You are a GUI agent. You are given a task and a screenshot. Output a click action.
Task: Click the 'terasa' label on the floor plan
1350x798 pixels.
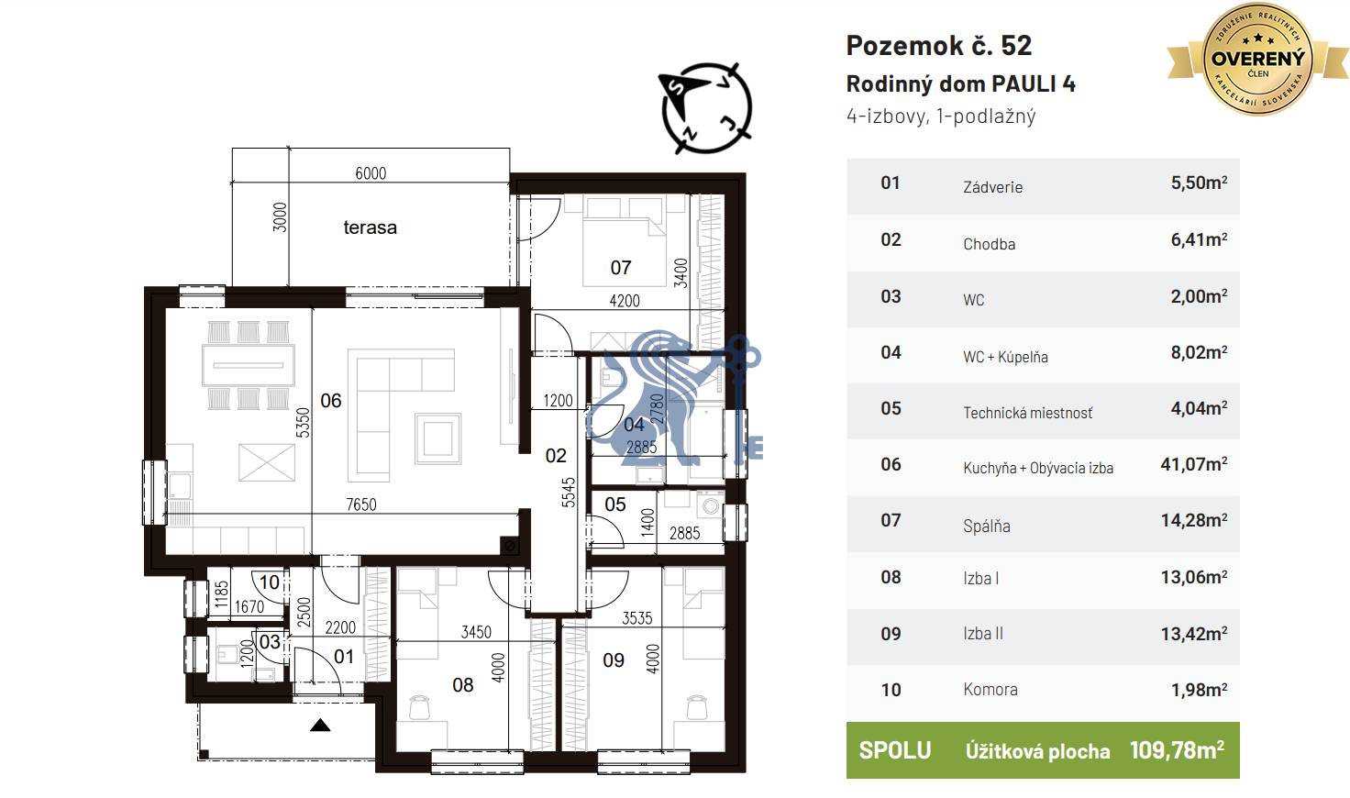(x=370, y=227)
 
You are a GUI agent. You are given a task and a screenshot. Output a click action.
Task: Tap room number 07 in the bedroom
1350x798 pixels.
(x=621, y=268)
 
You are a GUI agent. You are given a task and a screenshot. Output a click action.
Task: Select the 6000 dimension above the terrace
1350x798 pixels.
(x=371, y=173)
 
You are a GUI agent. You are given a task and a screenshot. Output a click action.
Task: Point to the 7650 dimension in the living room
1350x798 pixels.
(x=361, y=504)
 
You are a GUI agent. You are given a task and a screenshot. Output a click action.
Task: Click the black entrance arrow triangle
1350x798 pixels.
(x=320, y=725)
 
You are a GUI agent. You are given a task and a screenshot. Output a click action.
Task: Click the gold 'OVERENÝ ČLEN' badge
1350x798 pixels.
(x=1257, y=59)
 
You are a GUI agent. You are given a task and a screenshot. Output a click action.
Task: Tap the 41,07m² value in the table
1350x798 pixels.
(x=1194, y=464)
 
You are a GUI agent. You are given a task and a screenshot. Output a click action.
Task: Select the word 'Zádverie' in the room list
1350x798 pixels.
(x=992, y=187)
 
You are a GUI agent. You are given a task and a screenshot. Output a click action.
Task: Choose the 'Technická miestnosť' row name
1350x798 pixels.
(x=1027, y=413)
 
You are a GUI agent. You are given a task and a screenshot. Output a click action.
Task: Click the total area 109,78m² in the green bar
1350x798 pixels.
(x=1177, y=749)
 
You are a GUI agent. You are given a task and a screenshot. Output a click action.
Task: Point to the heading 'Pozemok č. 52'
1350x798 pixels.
(x=939, y=45)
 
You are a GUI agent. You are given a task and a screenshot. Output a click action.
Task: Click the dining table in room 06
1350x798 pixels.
(x=249, y=365)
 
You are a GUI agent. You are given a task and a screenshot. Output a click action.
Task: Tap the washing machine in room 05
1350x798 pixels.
(x=711, y=504)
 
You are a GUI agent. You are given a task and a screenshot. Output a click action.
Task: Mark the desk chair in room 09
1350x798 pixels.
(x=697, y=707)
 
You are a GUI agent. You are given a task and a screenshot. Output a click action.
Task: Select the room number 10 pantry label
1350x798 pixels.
(x=269, y=582)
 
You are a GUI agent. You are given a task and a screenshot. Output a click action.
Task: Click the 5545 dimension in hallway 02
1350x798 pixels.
(x=569, y=493)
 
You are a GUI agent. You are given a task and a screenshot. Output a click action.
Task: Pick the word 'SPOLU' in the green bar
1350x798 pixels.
(x=895, y=750)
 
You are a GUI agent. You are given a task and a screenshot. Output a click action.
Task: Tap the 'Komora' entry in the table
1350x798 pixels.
(x=990, y=690)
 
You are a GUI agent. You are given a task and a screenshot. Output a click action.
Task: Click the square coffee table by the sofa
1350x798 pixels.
(x=437, y=438)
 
